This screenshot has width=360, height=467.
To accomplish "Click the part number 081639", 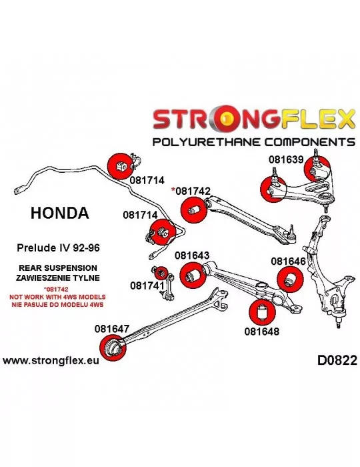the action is click(x=286, y=159).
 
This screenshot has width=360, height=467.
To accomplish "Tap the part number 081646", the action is click(x=288, y=262).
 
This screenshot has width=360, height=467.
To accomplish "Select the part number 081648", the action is click(x=262, y=331).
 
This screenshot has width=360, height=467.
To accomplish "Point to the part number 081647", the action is click(x=112, y=328).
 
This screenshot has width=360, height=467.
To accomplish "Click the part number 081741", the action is click(x=147, y=286).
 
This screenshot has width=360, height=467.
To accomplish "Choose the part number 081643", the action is click(x=192, y=256).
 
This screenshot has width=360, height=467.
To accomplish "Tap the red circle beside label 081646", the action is click(x=290, y=280).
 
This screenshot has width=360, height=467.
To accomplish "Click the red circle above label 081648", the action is click(x=262, y=312).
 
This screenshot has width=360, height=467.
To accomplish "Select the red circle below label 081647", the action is click(x=113, y=348).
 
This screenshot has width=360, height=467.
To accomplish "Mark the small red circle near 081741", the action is click(x=161, y=272).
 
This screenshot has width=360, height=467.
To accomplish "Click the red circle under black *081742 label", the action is click(x=194, y=209).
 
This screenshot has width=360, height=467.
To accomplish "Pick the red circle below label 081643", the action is click(x=193, y=276).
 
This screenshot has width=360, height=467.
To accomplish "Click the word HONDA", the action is click(x=60, y=213).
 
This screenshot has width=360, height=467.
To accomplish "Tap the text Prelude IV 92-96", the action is click(x=58, y=248).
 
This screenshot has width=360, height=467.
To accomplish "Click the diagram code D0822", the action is click(x=337, y=360).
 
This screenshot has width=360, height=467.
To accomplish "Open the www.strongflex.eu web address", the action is click(x=51, y=361).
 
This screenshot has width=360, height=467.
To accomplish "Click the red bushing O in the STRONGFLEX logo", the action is click(x=227, y=119).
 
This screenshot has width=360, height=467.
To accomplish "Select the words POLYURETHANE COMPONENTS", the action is click(x=254, y=141).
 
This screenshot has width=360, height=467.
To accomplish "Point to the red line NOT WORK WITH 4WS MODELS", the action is click(x=57, y=297).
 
